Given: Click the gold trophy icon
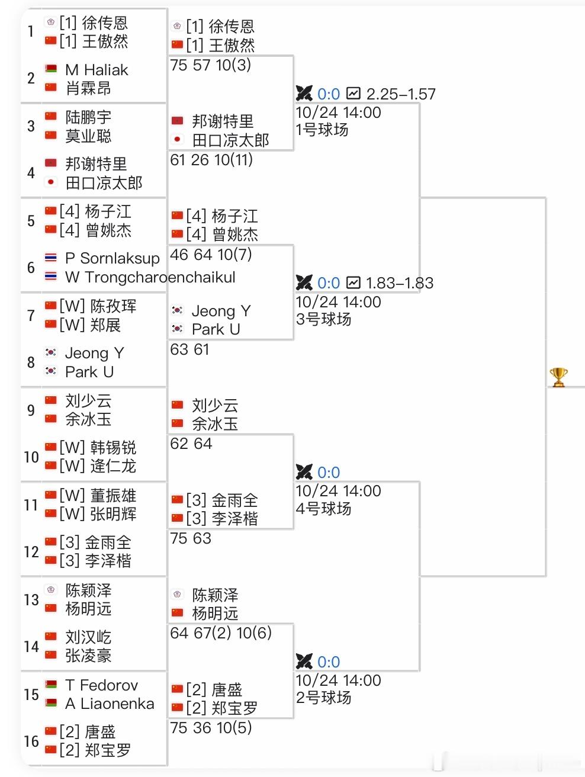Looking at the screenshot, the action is [558, 377].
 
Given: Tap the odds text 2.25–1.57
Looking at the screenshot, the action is [401, 94].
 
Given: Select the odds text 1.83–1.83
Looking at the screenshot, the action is [400, 283].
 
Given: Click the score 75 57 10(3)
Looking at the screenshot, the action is [211, 65].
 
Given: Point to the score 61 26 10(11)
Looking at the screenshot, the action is [211, 160].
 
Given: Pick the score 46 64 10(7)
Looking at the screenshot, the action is [211, 255].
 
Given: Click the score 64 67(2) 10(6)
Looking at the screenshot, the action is [221, 633].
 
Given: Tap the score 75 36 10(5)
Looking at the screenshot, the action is [211, 728].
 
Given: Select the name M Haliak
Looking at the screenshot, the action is [97, 70].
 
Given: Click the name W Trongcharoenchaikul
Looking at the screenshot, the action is [150, 277].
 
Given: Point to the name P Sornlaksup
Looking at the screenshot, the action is [112, 259].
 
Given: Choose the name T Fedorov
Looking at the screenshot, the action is [102, 685].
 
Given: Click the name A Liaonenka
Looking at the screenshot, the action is [110, 704].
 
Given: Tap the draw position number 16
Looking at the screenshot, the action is [31, 741].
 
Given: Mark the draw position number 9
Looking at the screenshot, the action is [31, 410].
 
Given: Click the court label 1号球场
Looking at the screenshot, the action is [322, 130].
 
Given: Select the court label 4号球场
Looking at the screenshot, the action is [323, 509].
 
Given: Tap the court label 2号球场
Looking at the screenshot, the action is [323, 698].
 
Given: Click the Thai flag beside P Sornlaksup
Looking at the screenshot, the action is [50, 258].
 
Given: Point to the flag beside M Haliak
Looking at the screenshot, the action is [50, 68].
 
